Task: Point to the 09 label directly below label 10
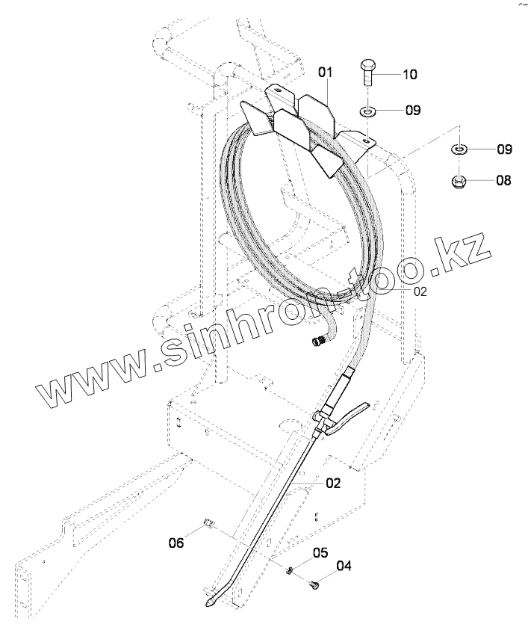pos(412,111)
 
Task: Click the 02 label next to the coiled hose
pos(420,291)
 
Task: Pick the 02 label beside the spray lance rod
pos(333,484)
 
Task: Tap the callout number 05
pos(320,553)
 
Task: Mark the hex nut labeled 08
pos(459,180)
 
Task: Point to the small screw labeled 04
pos(314,587)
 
